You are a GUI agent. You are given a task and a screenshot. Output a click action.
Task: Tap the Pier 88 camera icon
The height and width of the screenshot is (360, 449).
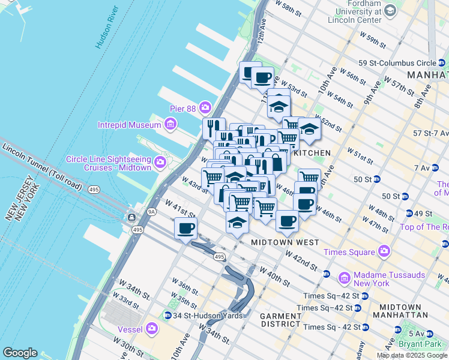coord(206,107)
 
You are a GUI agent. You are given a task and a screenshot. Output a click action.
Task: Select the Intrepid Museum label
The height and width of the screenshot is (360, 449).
coord(129,125)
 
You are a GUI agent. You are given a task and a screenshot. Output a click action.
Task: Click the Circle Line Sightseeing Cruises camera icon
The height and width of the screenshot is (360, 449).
coord(160,163)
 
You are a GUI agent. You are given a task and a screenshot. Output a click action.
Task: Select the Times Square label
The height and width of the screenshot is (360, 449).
coord(348,252)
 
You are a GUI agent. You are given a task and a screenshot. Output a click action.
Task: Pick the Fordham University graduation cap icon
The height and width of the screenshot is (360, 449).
coord(390,11)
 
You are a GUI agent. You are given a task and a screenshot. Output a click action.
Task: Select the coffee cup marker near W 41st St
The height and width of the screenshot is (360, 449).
coord(185,227)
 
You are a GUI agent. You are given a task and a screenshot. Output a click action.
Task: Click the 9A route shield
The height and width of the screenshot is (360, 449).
coord(151,211)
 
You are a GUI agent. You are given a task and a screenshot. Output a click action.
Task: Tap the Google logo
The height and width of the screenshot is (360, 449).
coord(20,353)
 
